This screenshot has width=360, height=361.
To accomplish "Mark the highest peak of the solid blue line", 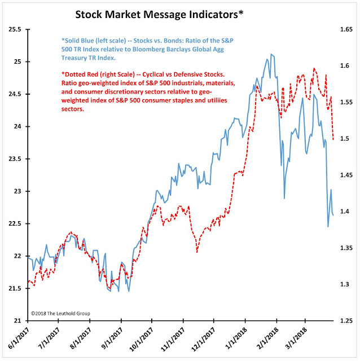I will (271, 54).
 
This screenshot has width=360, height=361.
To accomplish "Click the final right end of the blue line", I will (333, 215).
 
